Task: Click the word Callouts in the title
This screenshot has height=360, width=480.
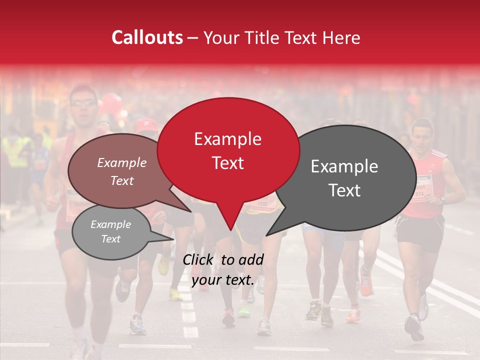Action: [x=147, y=37]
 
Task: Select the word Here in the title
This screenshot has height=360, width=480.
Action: [x=341, y=38]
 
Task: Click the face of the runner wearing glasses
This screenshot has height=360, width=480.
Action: [x=83, y=105]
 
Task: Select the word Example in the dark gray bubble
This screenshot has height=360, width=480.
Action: [x=344, y=166]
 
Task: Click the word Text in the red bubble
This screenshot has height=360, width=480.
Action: [x=228, y=163]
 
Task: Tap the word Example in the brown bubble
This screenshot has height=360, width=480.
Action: [x=122, y=162]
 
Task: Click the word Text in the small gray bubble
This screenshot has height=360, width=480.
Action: [x=111, y=239]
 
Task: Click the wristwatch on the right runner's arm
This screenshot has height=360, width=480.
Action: [x=442, y=199]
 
